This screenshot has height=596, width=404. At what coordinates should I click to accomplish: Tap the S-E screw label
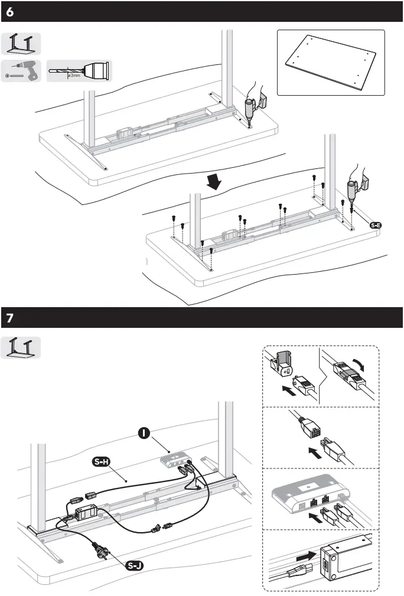click(x=376, y=225)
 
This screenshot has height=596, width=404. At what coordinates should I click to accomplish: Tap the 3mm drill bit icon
click(x=79, y=71)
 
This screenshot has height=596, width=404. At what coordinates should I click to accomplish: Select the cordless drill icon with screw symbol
click(x=21, y=71)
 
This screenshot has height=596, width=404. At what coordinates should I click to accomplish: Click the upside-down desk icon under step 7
click(x=21, y=348)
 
